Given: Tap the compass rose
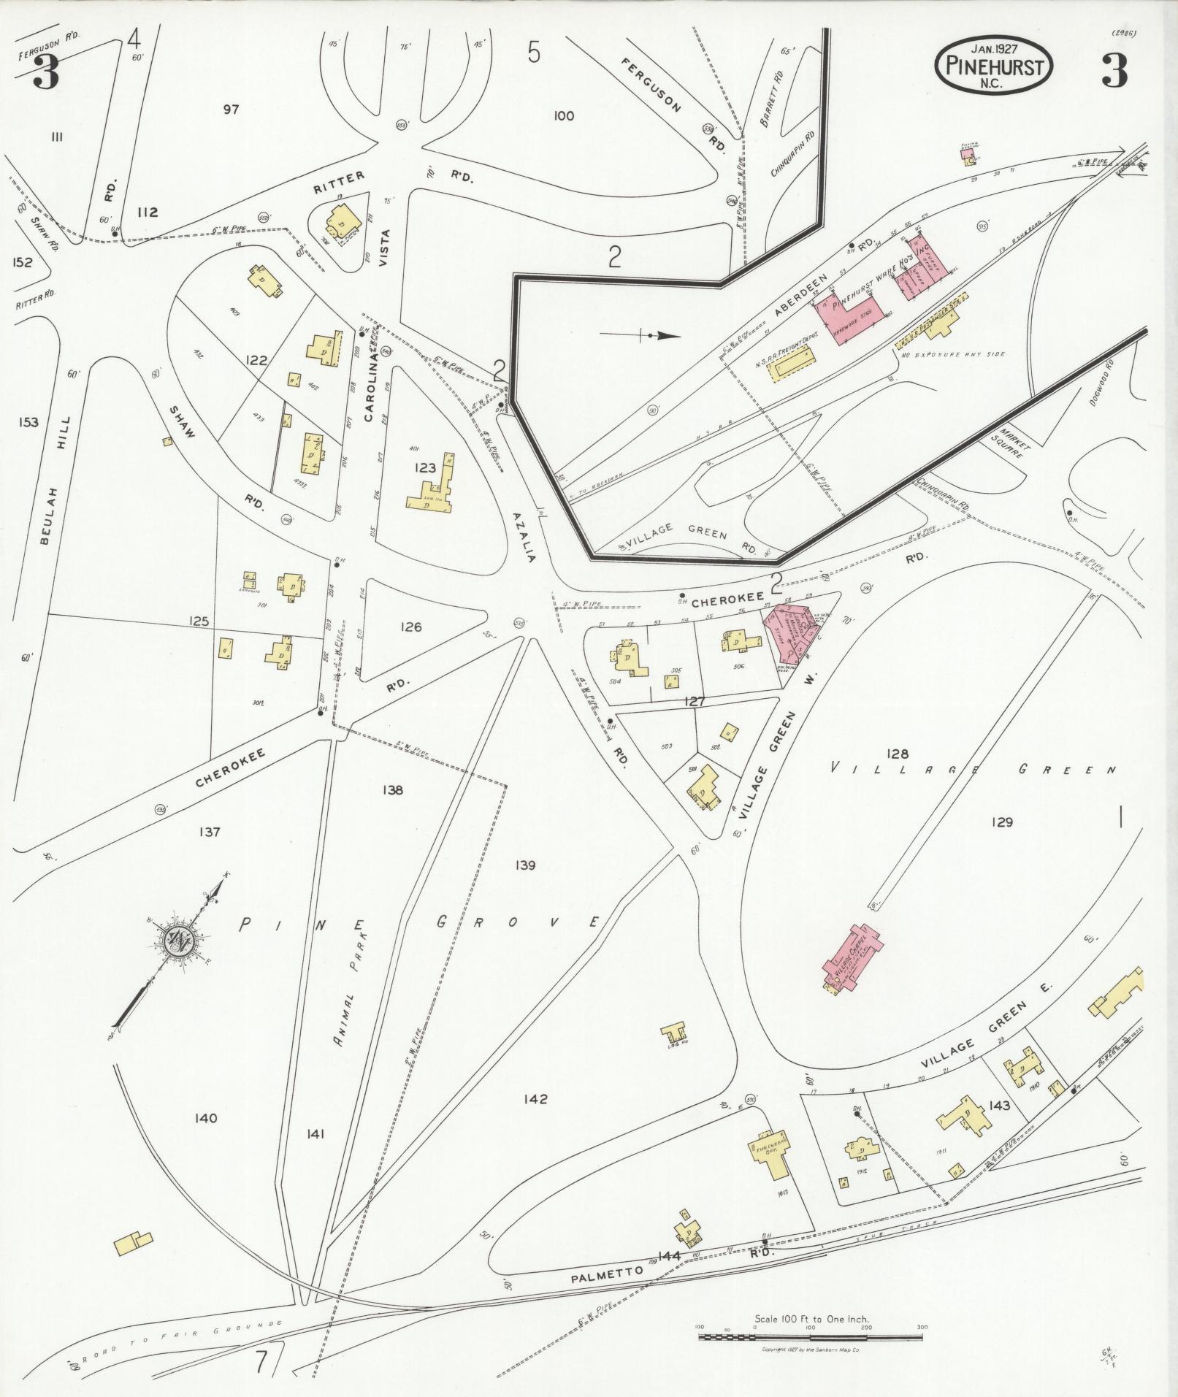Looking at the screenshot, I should [x=177, y=941].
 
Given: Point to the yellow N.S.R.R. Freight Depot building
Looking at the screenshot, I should [x=790, y=363].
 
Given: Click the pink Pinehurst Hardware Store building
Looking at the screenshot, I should [x=851, y=318].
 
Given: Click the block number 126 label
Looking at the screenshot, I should [x=410, y=627].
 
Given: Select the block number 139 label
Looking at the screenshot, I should [x=524, y=865].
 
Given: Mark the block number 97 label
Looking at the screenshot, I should [x=231, y=110].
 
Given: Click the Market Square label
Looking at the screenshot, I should [x=1013, y=440].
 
